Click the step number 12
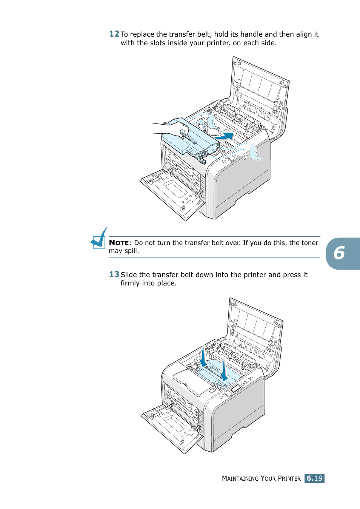pyautogui.click(x=114, y=34)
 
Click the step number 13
pyautogui.click(x=114, y=275)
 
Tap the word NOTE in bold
pyautogui.click(x=119, y=243)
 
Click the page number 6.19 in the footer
pyautogui.click(x=314, y=478)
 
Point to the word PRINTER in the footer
pyautogui.click(x=289, y=478)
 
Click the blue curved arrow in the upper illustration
pyautogui.click(x=225, y=136)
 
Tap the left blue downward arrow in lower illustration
pyautogui.click(x=203, y=357)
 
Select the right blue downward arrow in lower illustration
pyautogui.click(x=224, y=371)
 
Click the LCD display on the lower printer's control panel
pyautogui.click(x=236, y=389)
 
